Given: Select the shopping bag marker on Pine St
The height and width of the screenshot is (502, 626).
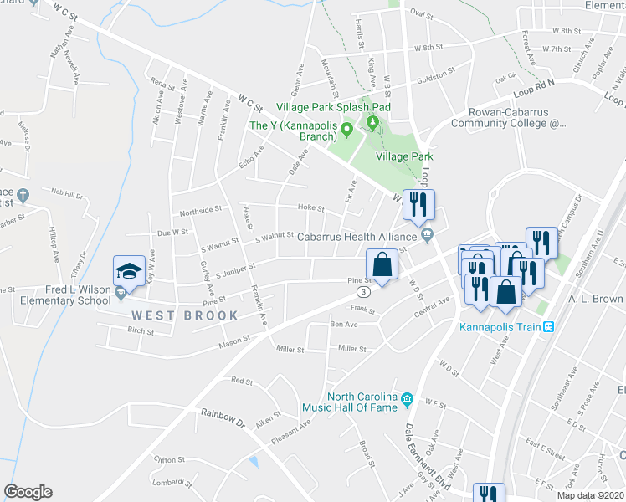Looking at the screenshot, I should coord(382,265).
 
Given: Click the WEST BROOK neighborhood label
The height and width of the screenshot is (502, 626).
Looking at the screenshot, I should coord(184,315).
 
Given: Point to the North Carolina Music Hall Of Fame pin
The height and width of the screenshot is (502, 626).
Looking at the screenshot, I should coord(408,397).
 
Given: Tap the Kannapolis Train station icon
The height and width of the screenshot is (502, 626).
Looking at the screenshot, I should coord(549,326).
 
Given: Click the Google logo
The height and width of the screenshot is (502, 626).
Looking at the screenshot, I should coord(28,492).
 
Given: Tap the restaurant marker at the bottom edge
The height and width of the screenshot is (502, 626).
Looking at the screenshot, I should coord(486,494).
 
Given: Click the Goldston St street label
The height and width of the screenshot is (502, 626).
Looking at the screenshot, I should coord(436,74).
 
